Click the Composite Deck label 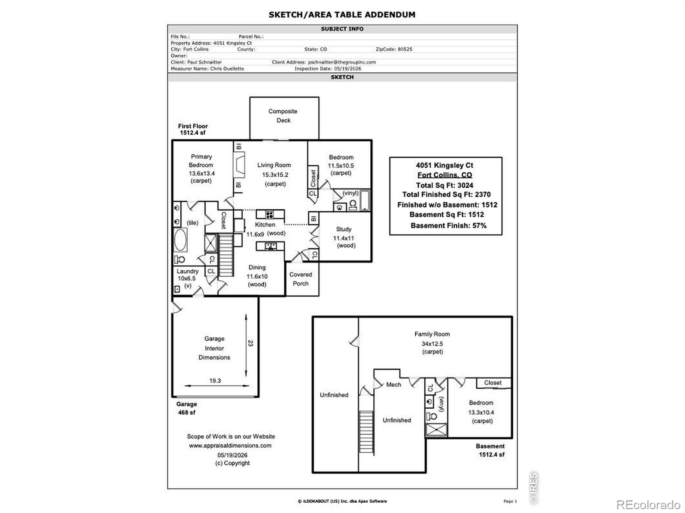pos(283,115)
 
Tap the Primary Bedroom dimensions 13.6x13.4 pos(202,173)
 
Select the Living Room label pos(274,165)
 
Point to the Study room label pos(344,229)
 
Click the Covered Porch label pos(301,279)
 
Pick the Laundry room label pos(187,271)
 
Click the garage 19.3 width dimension pos(215,380)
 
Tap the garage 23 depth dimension pos(250,343)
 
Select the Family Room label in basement pos(432,334)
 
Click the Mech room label pos(393,384)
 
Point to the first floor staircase pos(226,255)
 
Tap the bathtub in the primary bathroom pos(180,240)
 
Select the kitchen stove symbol pos(269,214)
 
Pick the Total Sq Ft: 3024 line pos(444,186)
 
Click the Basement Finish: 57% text pos(448,226)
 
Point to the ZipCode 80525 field pos(394,49)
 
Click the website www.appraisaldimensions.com pos(230,445)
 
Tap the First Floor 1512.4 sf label pos(193,129)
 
